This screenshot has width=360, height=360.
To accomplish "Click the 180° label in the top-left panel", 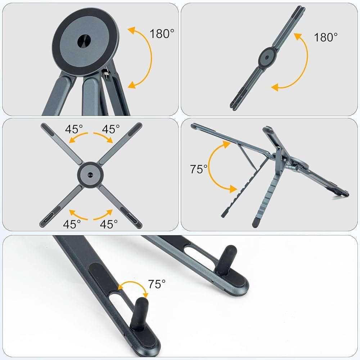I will coord(162,34).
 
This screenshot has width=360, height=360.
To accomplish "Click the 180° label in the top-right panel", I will coord(326,37).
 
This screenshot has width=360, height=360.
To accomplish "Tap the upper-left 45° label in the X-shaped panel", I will coord(74,129).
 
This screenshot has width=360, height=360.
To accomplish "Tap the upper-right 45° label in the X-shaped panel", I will coord(111,129).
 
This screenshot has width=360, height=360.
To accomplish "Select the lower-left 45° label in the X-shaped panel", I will coord(72,224).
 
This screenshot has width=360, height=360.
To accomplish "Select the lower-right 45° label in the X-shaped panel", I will coord(109,224).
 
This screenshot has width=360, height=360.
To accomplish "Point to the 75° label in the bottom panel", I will coord(157,284).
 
